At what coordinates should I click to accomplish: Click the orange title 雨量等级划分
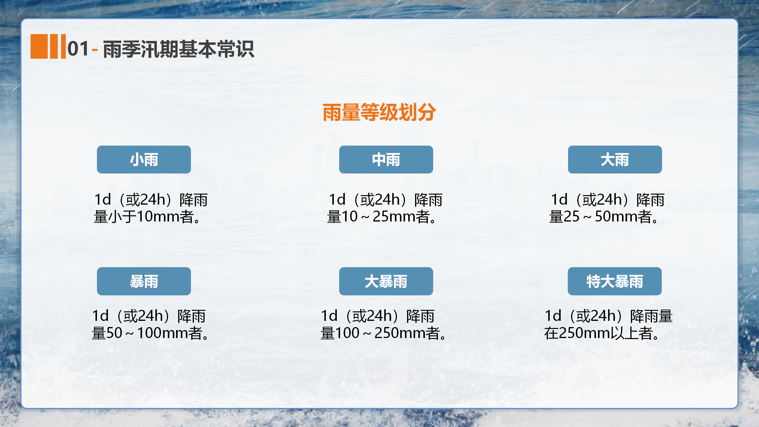coord(379,112)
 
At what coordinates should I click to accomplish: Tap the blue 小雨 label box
coord(144,160)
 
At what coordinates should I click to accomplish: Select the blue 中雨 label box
coord(386,160)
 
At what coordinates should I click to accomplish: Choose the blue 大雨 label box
coord(615,160)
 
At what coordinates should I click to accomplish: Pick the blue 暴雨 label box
coord(144,281)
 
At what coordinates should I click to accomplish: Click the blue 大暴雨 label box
coord(386,281)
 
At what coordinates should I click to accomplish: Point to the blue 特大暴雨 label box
coord(615,281)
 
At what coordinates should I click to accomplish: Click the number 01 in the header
coord(78,49)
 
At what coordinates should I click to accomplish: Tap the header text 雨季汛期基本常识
coord(178,49)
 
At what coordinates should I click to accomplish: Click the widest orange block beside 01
coord(39,46)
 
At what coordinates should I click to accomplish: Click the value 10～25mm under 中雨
coord(379,216)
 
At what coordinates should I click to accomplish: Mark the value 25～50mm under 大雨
coord(601,216)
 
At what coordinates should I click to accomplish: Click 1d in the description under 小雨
coord(103,199)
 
